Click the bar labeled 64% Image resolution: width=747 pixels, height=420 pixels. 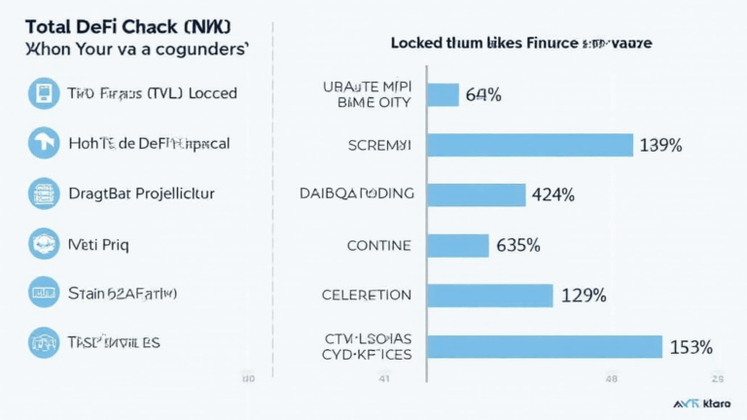click(443, 94)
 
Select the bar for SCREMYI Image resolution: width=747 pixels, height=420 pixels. click(531, 145)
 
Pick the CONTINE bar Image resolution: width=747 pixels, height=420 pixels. click(458, 245)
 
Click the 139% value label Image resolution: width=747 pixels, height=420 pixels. click(661, 145)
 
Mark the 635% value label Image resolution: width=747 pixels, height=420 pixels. click(517, 245)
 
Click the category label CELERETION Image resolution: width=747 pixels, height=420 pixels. click(367, 295)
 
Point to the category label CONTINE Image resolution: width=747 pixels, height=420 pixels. click(379, 245)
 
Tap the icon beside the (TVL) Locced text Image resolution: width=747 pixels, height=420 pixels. click(44, 92)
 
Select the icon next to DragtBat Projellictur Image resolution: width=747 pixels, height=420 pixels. click(44, 192)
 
